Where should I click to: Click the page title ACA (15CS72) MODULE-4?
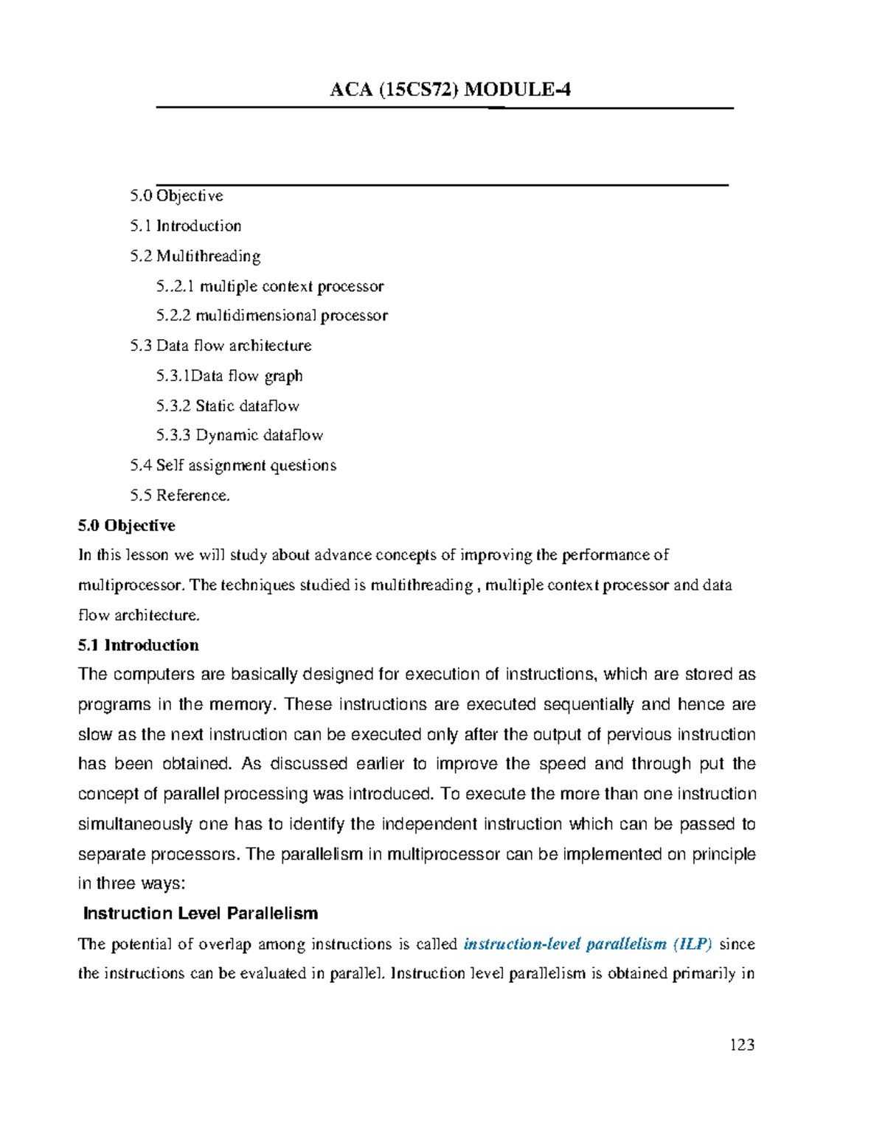[450, 90]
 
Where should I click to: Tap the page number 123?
[742, 1045]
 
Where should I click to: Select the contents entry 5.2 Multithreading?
[195, 256]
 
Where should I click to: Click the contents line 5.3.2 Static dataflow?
[227, 406]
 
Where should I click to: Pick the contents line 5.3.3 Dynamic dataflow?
[239, 435]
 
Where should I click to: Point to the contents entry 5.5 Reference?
[180, 495]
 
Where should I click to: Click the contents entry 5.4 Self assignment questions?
[233, 465]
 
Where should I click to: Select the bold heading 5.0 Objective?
[126, 526]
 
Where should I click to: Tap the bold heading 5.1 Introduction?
[138, 645]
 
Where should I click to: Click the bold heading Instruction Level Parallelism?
[200, 913]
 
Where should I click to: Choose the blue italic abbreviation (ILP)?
[693, 944]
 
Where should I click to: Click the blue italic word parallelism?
[626, 944]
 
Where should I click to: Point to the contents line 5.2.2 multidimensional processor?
[271, 316]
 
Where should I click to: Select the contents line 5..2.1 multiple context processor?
[269, 286]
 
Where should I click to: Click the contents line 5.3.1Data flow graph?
[229, 376]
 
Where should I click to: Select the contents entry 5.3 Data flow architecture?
[221, 346]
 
